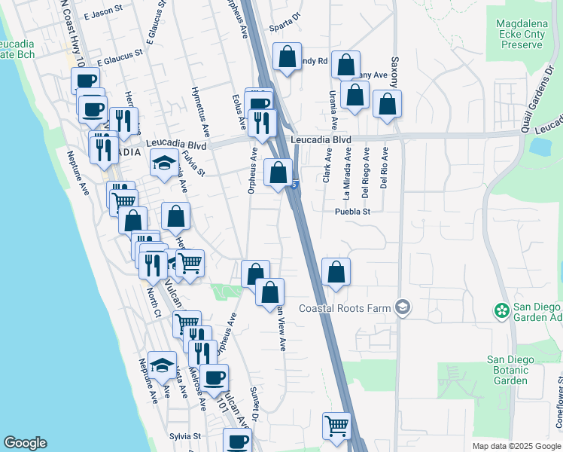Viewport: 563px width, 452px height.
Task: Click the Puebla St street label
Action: point(353,212)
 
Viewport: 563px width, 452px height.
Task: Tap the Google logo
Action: point(25,443)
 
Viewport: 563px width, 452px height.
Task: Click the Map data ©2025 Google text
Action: point(516,446)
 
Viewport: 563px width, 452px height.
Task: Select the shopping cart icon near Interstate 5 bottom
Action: point(336,425)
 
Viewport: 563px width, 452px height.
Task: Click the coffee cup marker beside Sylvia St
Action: point(238,441)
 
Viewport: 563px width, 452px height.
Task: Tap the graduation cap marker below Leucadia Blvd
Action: point(163,163)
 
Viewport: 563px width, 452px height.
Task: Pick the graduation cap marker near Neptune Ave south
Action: point(161,365)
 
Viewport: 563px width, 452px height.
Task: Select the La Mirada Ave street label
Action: point(348,172)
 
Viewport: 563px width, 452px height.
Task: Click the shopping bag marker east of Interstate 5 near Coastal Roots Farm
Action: point(336,272)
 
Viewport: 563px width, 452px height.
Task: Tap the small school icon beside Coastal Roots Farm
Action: point(403,307)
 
